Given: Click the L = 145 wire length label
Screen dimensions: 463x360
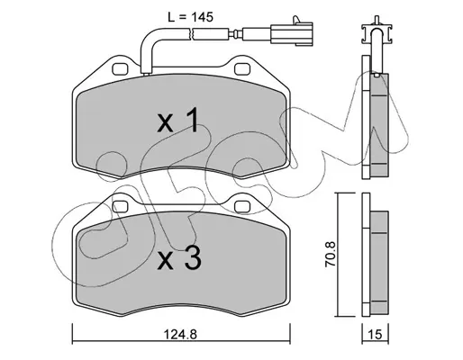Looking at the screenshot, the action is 190,17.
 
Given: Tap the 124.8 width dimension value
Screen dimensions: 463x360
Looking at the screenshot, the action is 180,334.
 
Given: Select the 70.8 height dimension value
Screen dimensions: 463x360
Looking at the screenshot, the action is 331,254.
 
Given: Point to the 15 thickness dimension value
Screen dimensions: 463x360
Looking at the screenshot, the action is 375,334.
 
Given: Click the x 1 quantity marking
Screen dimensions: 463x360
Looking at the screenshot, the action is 177,121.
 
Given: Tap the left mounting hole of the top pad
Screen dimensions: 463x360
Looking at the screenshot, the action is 121,69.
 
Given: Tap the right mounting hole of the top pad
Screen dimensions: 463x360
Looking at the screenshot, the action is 242,69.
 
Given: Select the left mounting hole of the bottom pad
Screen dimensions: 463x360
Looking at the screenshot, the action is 121,207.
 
